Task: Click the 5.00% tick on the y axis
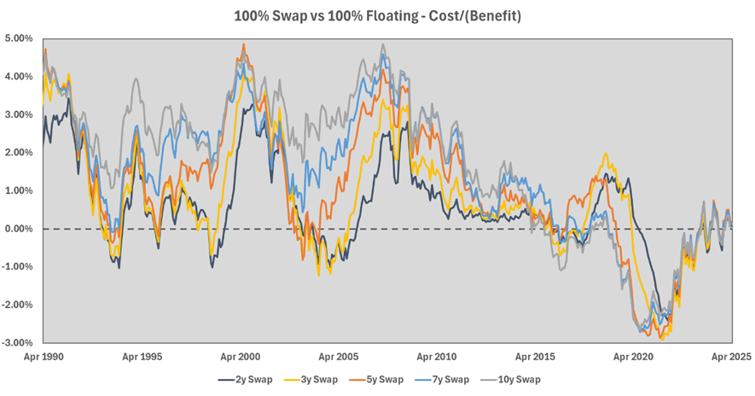(x=19, y=38)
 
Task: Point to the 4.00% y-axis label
(x=19, y=77)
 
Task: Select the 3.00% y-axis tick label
(x=19, y=114)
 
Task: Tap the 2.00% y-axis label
(x=19, y=153)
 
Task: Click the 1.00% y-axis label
(x=19, y=190)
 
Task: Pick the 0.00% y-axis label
(x=19, y=229)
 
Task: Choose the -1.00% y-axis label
(x=17, y=266)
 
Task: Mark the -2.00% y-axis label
(x=17, y=305)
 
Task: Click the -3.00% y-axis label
(x=17, y=342)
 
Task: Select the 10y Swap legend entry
(x=519, y=380)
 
